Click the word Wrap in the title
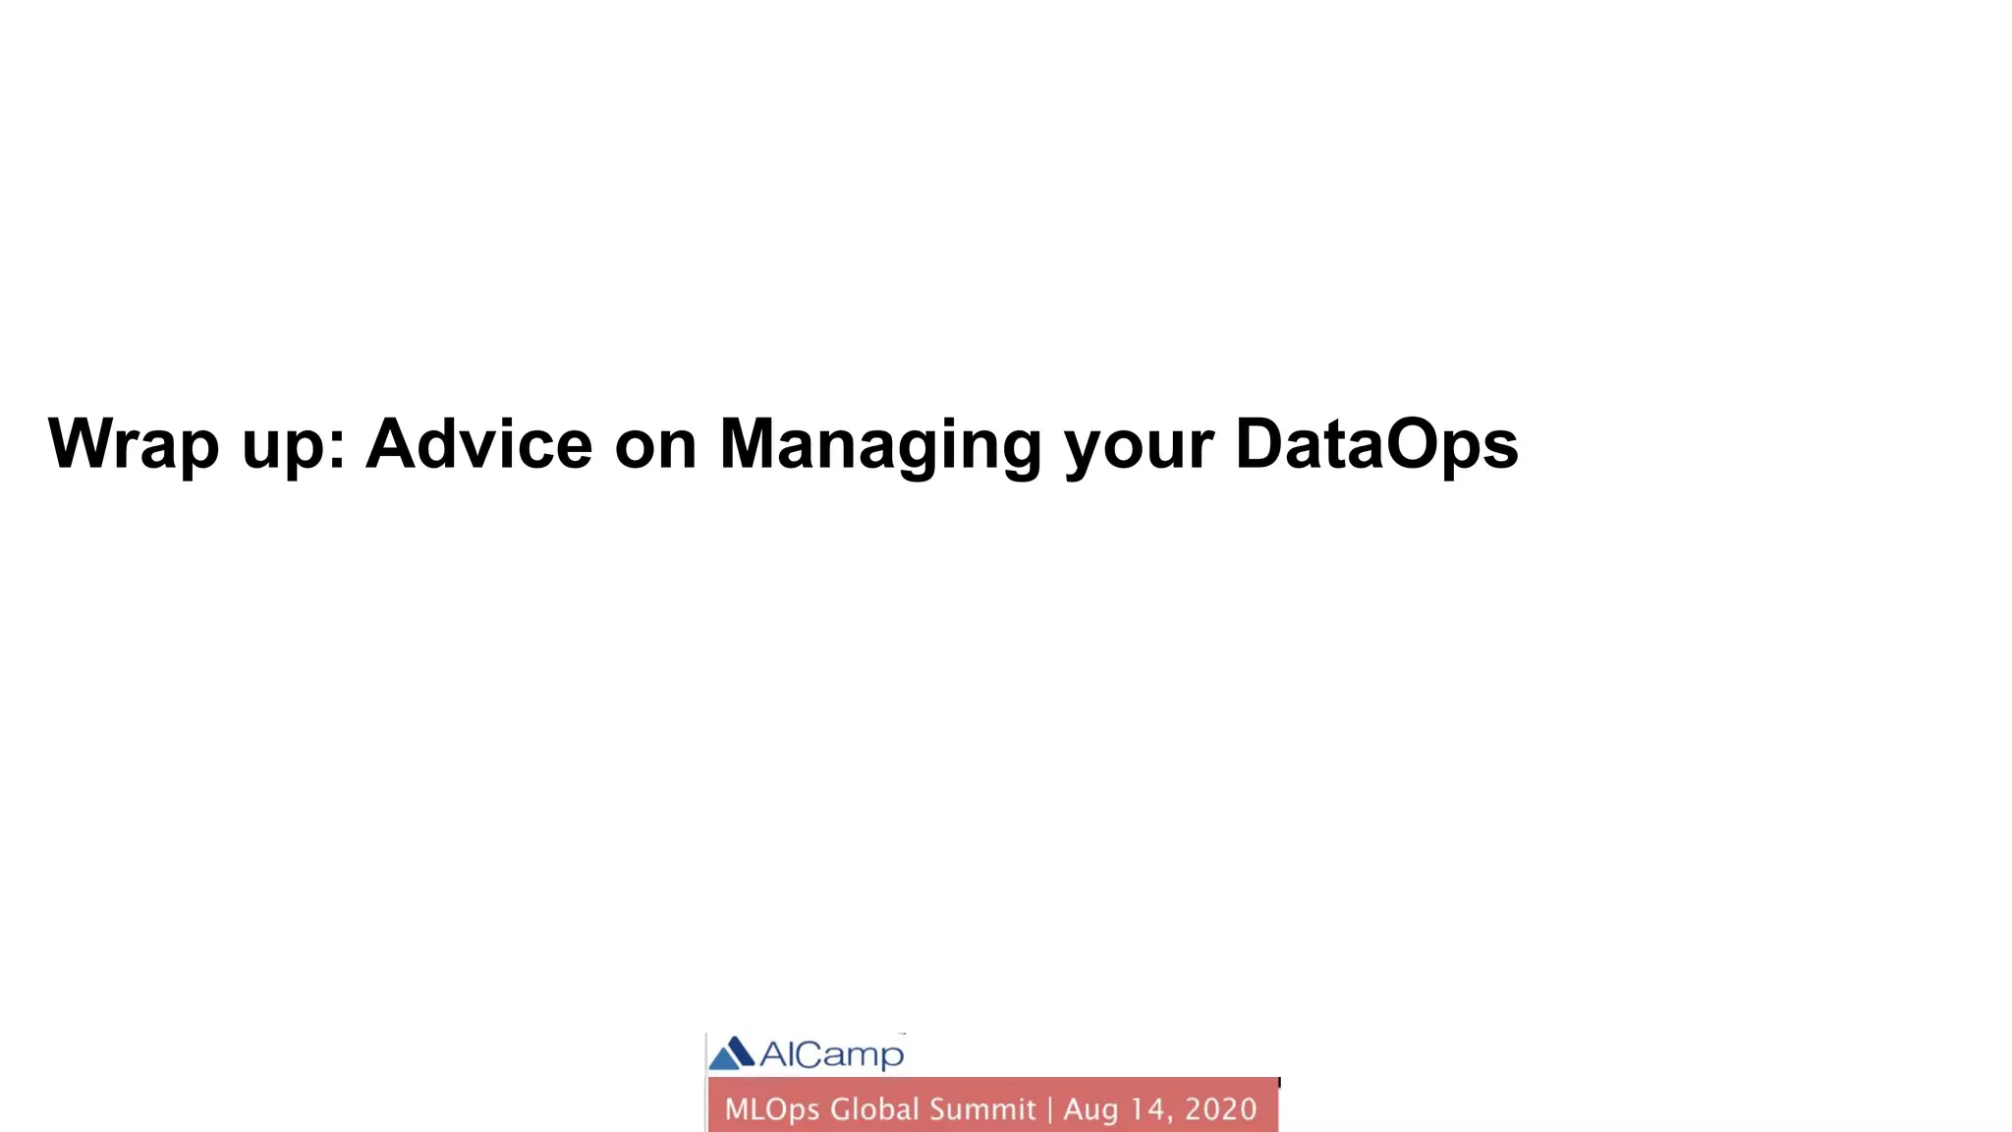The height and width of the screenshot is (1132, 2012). pos(133,444)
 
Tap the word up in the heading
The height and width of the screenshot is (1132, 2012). pos(284,447)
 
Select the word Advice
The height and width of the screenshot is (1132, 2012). pos(478,444)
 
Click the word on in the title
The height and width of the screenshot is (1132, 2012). pos(655,447)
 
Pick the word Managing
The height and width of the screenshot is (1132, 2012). pos(880,447)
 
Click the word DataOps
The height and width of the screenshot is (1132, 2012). pos(1376,444)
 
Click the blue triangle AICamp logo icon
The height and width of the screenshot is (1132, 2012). pos(732,1053)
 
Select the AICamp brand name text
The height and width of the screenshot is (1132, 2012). pos(831,1054)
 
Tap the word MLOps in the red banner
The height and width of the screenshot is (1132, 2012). pos(772,1109)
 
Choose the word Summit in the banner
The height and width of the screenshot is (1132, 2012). pos(982,1108)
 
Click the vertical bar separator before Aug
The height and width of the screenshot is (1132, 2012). pos(1050,1109)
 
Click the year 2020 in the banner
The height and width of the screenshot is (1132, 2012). pos(1220,1109)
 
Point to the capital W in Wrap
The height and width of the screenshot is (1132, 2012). pos(82,444)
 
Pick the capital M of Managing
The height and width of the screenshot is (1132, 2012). pos(749,444)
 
